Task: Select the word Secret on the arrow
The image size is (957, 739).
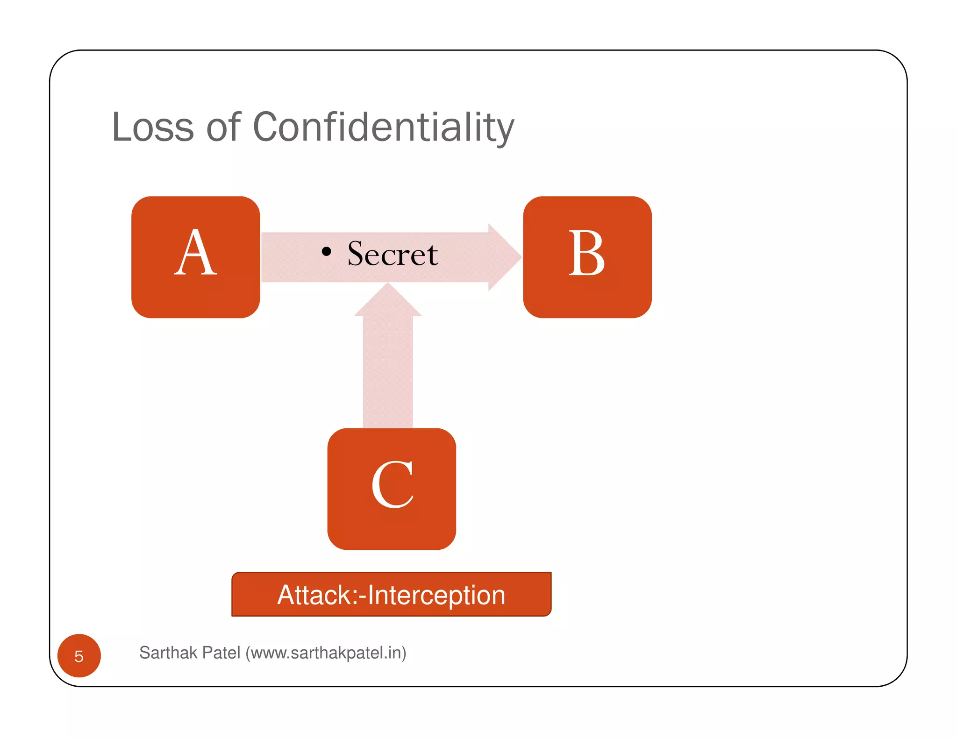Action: [393, 254]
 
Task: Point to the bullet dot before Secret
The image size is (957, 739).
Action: [327, 252]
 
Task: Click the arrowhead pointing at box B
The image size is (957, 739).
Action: [505, 257]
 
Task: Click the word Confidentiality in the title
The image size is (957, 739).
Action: [383, 127]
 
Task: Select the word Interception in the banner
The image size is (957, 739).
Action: [436, 595]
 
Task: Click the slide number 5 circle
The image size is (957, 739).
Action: [79, 656]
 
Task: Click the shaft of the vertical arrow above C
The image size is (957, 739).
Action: [388, 374]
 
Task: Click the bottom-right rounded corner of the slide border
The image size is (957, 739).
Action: [898, 677]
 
